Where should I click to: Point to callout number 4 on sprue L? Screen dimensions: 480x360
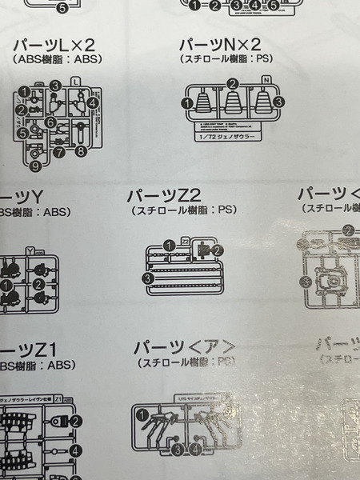coord(93,102)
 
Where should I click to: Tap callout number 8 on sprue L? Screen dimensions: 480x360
coord(81,150)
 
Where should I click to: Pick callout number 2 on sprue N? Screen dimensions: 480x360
coord(233,83)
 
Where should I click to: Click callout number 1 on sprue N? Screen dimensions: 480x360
coord(186,102)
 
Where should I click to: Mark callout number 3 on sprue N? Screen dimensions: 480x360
coord(279,102)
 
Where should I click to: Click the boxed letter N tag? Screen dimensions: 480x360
coord(267,78)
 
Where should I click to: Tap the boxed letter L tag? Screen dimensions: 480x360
coord(75,81)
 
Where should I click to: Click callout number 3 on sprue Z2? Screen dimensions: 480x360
coord(147,278)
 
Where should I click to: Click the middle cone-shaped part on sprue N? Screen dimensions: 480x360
coord(233,105)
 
